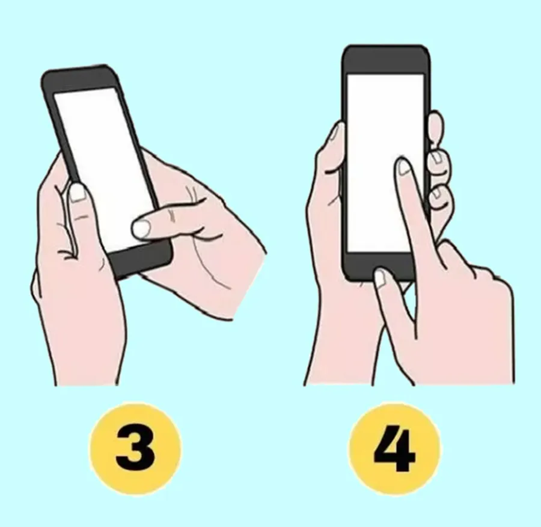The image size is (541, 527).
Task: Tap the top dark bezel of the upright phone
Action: tap(385, 60)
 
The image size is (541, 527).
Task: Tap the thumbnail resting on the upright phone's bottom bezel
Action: tap(381, 278)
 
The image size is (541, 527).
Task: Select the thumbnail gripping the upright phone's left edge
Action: tap(334, 132)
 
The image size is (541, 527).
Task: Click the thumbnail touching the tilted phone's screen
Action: tap(141, 228)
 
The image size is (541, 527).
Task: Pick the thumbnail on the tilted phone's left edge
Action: tap(77, 193)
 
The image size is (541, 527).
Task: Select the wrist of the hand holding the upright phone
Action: tap(341, 359)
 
